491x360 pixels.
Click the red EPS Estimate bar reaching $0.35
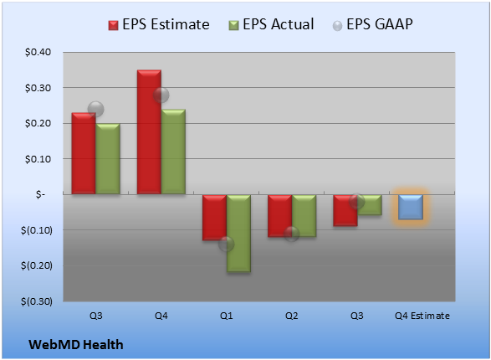click(x=149, y=132)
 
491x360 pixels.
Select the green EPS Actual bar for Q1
click(x=238, y=233)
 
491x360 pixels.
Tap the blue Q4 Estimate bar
click(x=411, y=207)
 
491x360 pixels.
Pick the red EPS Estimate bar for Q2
click(x=279, y=216)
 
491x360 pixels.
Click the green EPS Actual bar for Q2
click(x=304, y=215)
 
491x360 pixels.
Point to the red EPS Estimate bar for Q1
click(x=214, y=218)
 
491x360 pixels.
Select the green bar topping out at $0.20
click(x=108, y=159)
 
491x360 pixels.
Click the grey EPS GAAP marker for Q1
click(x=226, y=244)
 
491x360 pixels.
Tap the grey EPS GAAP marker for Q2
click(x=292, y=234)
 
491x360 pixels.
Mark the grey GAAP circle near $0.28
click(x=161, y=95)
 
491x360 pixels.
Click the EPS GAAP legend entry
click(x=372, y=24)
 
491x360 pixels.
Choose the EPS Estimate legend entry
click(x=159, y=24)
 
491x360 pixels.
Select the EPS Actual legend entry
click(x=271, y=24)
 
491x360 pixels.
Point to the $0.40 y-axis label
click(x=38, y=52)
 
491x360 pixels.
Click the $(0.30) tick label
click(x=37, y=301)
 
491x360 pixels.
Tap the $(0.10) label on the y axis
click(x=37, y=230)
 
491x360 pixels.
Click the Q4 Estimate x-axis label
click(x=422, y=316)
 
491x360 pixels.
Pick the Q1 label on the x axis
click(x=226, y=316)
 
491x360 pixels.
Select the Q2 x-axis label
click(x=292, y=316)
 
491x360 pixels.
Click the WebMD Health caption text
click(x=76, y=345)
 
